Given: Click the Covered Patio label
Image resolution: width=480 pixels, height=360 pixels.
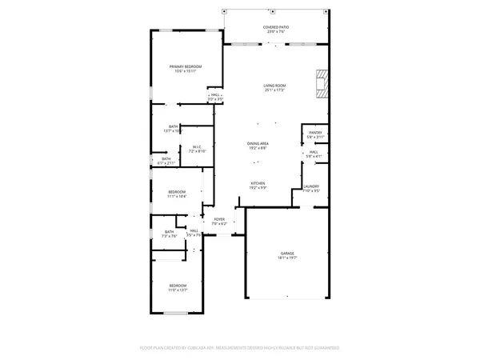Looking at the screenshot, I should coord(276,26).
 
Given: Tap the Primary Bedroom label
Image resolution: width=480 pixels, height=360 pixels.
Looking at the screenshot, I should coord(185,66).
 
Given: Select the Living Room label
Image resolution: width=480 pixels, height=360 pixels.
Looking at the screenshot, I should coord(275,86).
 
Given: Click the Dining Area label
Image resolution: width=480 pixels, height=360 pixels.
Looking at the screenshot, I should coord(258,143).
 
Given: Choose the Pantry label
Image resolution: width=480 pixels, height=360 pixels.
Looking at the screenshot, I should coord(315,133).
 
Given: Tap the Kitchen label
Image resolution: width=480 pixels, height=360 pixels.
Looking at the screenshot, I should coord(258,183).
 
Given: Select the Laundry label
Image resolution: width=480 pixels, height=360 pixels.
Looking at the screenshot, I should coord(311,186).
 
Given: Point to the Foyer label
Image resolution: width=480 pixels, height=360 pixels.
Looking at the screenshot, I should coord(218,219).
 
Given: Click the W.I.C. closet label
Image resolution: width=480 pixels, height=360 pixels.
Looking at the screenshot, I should coord(198,146).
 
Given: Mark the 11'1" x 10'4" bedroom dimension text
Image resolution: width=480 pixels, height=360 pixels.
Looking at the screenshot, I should coord(177,196).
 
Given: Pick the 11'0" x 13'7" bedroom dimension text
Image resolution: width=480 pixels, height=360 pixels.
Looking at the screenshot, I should coord(177,290).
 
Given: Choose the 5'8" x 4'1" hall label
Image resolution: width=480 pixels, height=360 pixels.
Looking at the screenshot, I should coord(314,157).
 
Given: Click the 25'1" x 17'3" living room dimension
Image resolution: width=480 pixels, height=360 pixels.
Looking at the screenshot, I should coord(275,90).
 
